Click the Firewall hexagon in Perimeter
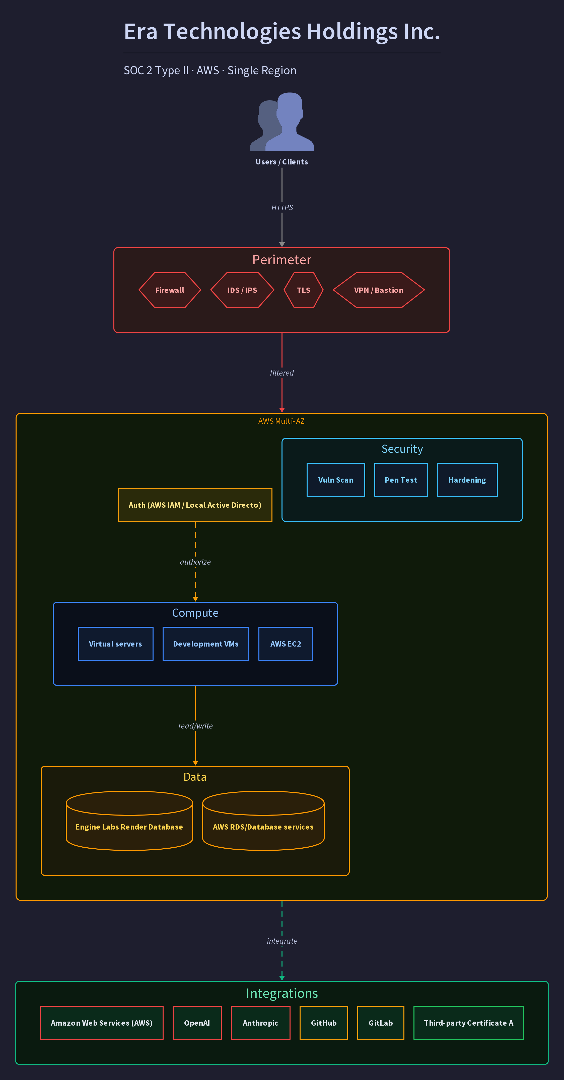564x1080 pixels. coord(170,290)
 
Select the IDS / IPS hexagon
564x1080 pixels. coord(242,290)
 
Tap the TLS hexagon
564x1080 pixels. coord(303,290)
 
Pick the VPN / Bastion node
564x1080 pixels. coord(379,290)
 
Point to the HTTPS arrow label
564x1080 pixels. coord(282,208)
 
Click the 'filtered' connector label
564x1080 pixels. coord(282,373)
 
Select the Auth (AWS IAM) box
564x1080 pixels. coord(195,505)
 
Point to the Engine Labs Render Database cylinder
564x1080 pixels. coord(129,821)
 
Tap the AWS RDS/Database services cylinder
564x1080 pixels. coord(263,821)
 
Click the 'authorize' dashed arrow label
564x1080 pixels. coord(195,562)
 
